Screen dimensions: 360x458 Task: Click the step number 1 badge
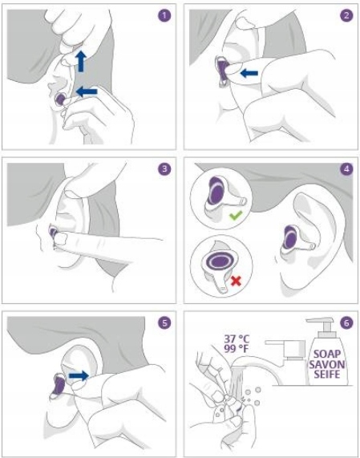(x=164, y=15)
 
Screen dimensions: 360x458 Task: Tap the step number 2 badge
(x=346, y=15)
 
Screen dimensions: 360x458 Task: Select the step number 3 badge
(x=164, y=168)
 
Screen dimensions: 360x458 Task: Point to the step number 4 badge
(x=346, y=168)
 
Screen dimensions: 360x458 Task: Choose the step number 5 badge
(x=164, y=322)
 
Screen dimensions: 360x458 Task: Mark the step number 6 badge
(x=346, y=322)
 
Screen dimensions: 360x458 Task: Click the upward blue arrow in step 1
(x=81, y=61)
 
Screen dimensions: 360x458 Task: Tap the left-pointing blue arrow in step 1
(x=87, y=91)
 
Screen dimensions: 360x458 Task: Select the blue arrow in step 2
(x=249, y=73)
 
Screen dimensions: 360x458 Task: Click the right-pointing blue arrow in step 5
(x=79, y=375)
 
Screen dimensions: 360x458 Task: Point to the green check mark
(x=236, y=216)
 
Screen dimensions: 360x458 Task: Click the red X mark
(x=236, y=281)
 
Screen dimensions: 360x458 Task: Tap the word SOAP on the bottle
(x=327, y=355)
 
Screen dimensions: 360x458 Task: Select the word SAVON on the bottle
(x=326, y=364)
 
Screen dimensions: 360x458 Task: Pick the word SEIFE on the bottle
(x=327, y=374)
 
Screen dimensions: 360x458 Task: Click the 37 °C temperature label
(x=237, y=338)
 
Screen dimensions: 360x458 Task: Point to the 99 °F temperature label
(x=236, y=348)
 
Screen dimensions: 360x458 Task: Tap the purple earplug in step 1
(x=60, y=99)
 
